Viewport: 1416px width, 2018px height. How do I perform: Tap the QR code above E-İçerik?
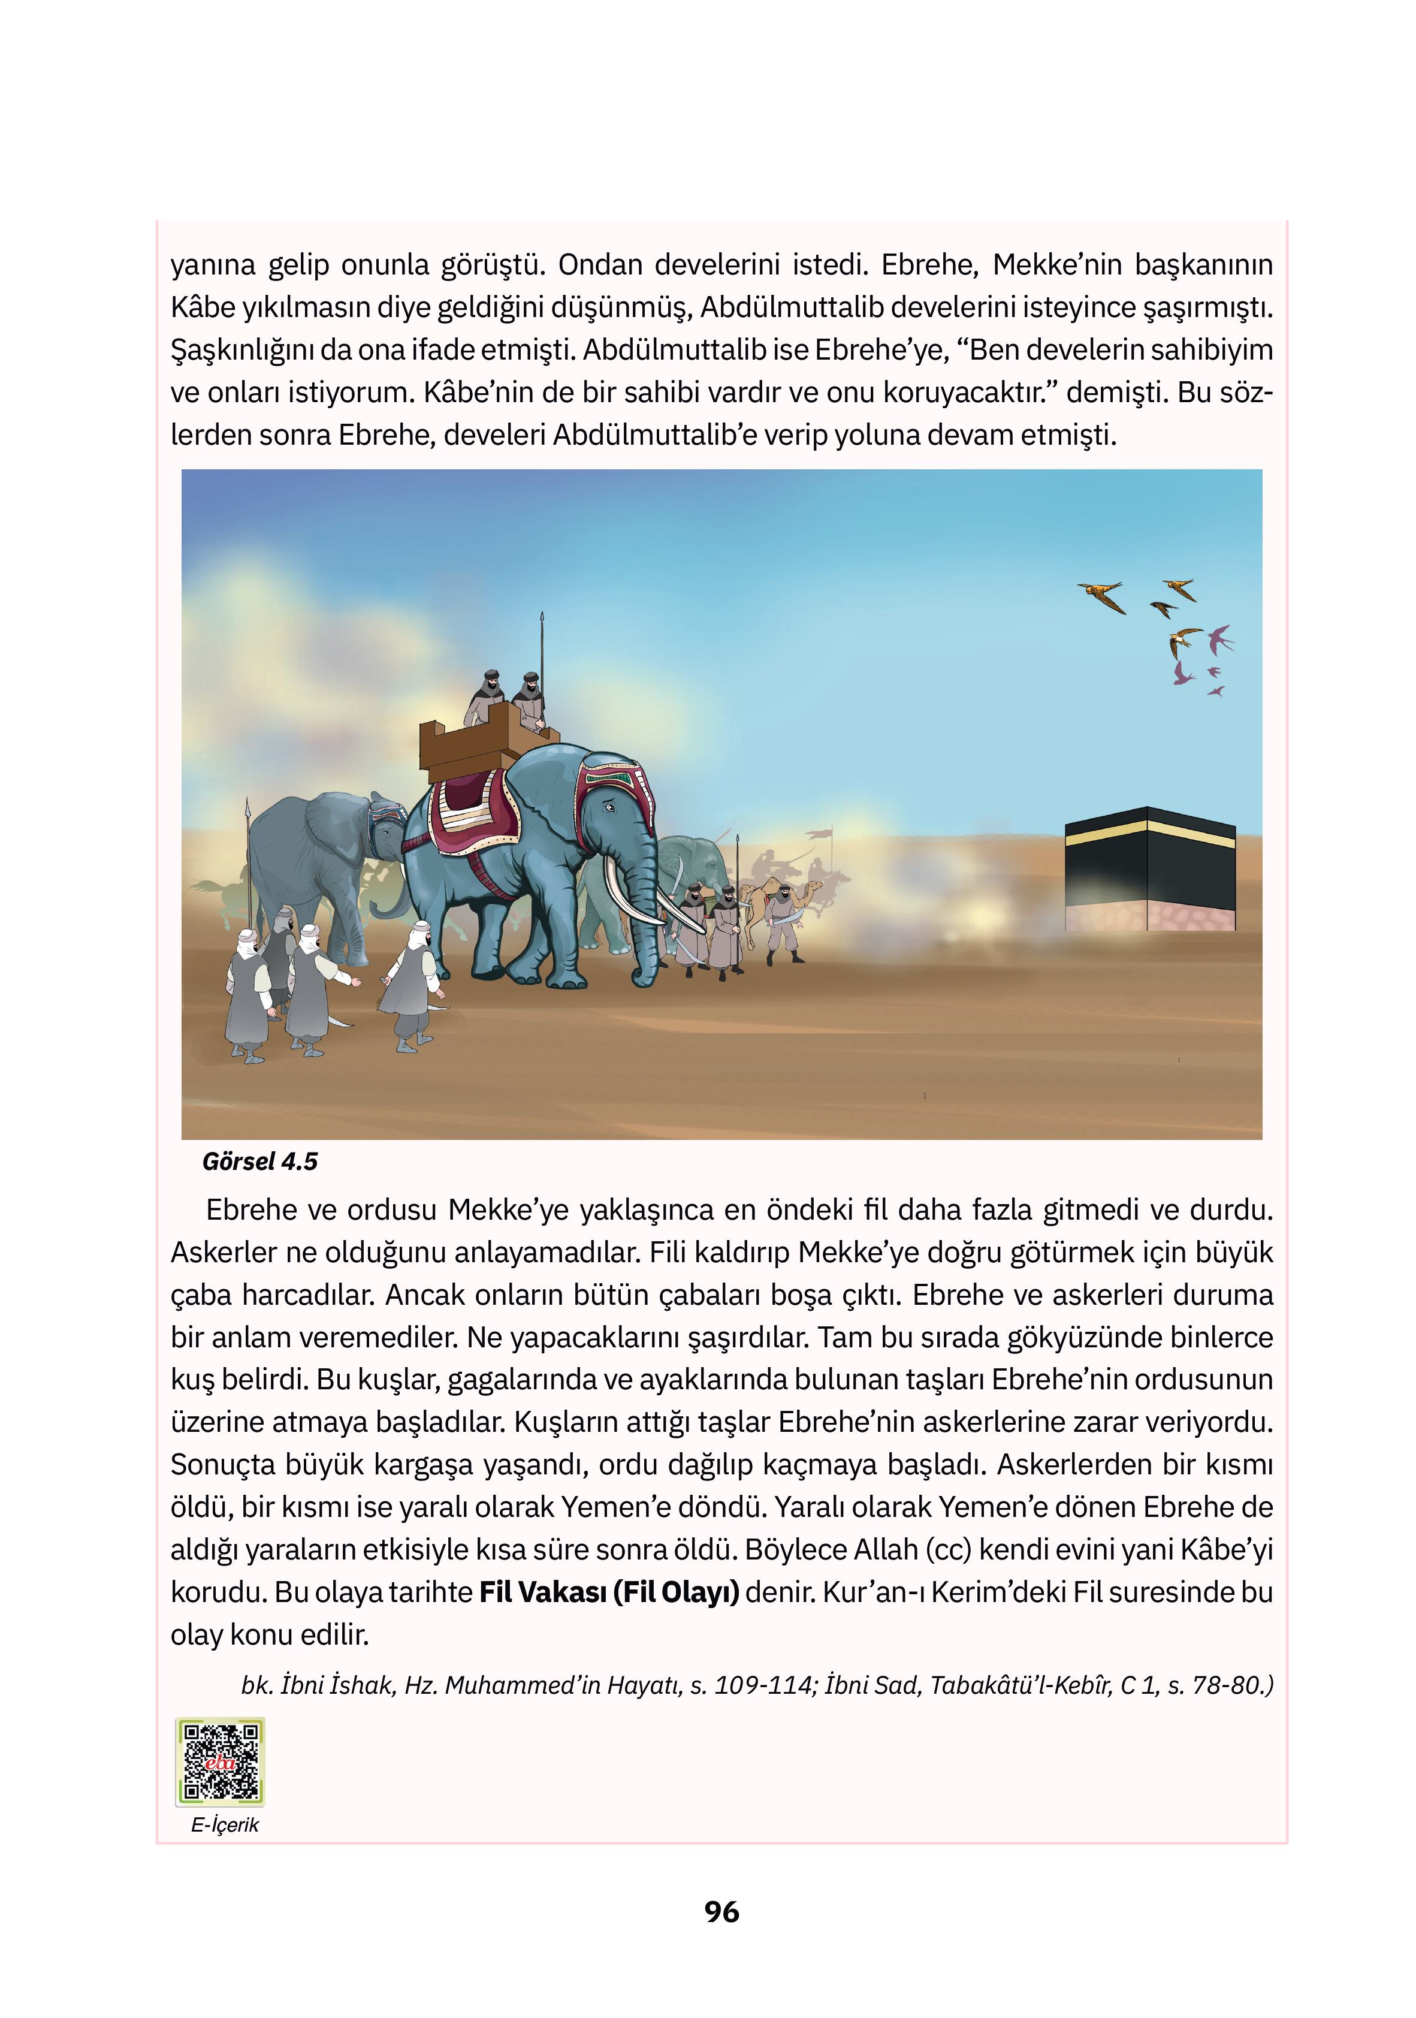(x=220, y=1761)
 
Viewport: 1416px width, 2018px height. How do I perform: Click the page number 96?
(x=721, y=1912)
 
